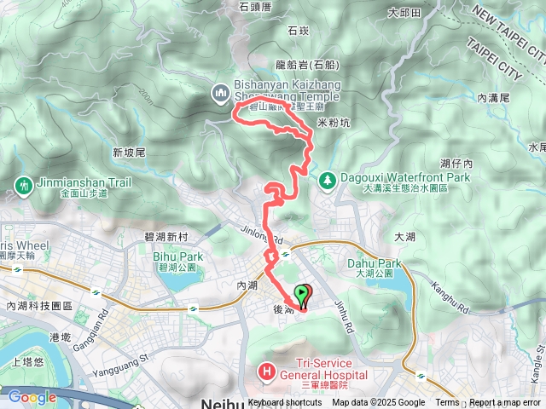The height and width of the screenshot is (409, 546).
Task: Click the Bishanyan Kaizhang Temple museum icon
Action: tap(220, 91)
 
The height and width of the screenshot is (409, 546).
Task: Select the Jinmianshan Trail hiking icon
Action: tap(21, 184)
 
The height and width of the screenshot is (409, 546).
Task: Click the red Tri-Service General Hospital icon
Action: tap(266, 371)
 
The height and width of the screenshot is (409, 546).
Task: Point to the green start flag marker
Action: tap(301, 296)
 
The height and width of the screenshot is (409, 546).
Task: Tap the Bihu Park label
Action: tap(177, 256)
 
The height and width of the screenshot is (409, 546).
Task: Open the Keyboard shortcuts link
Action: tap(285, 403)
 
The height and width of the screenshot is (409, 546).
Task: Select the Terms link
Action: tap(447, 403)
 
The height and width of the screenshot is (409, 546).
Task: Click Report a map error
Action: tap(506, 403)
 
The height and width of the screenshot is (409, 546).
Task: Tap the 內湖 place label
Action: tap(247, 286)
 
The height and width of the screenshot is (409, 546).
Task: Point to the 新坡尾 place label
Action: tap(130, 153)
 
